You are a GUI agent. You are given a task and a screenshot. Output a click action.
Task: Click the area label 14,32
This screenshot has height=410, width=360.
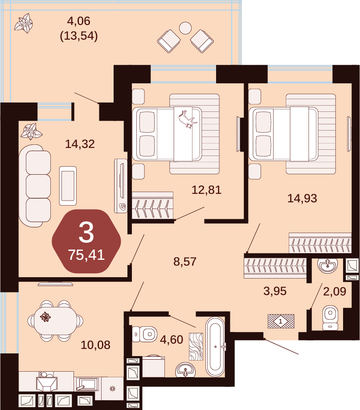80,144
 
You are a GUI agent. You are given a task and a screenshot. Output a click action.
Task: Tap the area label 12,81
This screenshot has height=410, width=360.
207,190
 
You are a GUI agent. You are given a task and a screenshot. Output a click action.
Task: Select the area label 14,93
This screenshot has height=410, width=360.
302,198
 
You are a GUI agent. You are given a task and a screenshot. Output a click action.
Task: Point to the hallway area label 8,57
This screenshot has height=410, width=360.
185,262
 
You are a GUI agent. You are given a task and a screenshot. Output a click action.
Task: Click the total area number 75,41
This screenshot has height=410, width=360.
86,254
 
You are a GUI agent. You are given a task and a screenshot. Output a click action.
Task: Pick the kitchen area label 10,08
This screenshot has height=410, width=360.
95,345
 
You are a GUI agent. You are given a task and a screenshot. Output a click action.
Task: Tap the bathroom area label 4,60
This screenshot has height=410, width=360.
172,340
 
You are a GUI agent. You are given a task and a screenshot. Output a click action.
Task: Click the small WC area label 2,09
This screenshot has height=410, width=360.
335,291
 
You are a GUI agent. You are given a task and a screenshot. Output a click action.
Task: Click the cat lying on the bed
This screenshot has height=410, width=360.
188,119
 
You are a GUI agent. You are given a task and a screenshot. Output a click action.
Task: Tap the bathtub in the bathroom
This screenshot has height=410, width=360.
215,347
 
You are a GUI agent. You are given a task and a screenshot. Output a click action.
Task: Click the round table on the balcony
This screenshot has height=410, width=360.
185,28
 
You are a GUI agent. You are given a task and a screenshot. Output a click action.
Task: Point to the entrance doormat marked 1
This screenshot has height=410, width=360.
281,321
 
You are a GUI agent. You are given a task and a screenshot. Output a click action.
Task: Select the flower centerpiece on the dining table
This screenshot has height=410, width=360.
45,317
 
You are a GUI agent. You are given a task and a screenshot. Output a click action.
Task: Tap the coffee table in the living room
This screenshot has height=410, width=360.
68,186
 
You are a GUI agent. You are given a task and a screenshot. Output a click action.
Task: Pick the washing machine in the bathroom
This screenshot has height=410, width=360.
153,366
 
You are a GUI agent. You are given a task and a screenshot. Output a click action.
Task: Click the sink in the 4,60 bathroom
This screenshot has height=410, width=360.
185,370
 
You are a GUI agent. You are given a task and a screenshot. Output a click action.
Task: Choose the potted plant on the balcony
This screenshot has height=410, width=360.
24,24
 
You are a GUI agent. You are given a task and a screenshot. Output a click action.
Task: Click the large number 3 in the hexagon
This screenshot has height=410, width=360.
86,232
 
